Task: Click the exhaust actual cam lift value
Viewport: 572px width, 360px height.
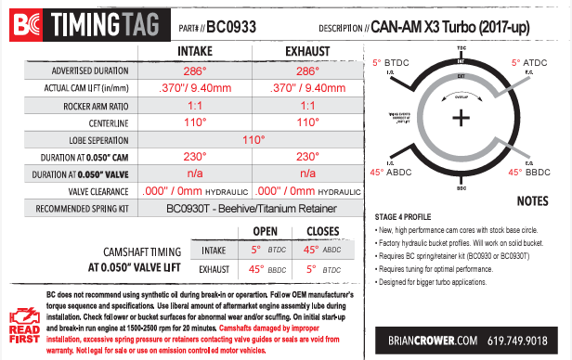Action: tap(307, 88)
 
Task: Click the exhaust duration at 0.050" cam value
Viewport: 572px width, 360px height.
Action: tap(307, 156)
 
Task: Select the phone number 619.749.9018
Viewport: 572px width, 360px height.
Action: tap(521, 340)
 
